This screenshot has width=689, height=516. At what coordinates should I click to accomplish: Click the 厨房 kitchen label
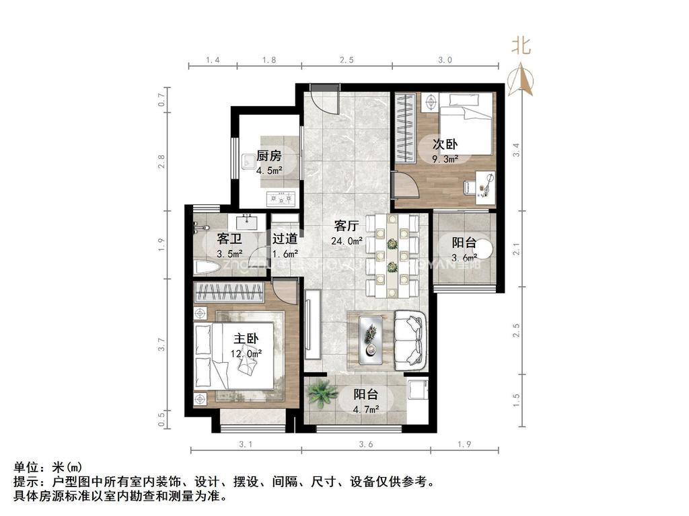pos(268,157)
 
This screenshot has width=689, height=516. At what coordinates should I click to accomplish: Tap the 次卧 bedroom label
pos(445,144)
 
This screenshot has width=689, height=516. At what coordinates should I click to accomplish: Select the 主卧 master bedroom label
pos(248,338)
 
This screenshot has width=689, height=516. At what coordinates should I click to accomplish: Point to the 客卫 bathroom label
pos(229,239)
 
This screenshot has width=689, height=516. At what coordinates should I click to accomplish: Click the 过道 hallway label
pos(285,239)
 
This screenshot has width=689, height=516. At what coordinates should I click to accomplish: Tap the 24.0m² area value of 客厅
pos(347,241)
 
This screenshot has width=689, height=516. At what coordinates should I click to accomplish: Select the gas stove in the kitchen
pos(281,198)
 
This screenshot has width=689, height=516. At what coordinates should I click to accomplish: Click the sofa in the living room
pos(410,339)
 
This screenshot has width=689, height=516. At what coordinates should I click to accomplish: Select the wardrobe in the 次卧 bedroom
pos(405,128)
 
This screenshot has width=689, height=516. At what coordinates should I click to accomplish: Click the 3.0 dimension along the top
pos(445,60)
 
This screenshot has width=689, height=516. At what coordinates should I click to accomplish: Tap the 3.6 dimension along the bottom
pos(365,444)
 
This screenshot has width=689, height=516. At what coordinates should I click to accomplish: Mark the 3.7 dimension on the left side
pos(161,345)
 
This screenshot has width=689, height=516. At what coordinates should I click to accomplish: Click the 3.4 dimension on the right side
pos(516,149)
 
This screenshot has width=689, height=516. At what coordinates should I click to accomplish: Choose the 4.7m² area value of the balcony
pos(367,408)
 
